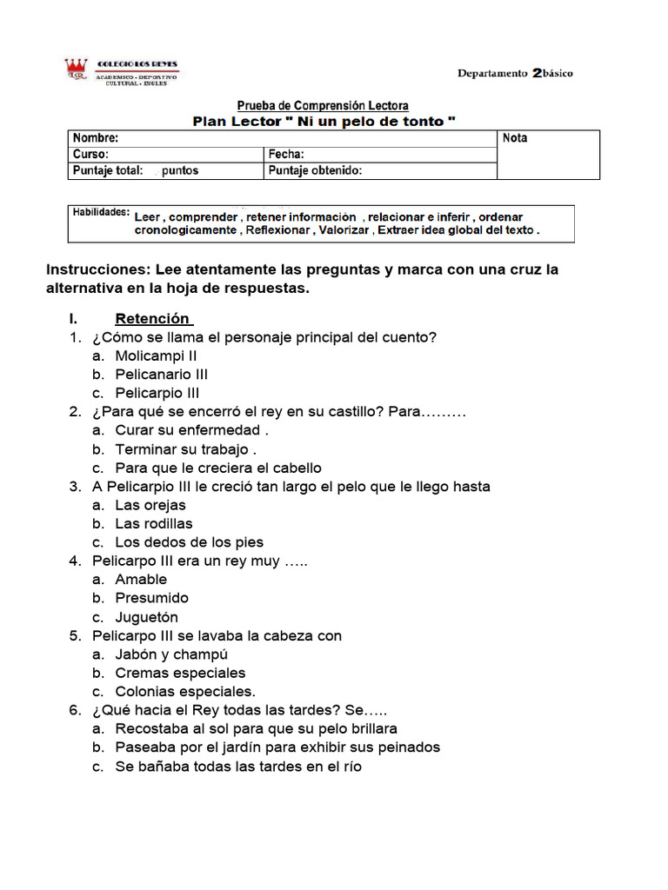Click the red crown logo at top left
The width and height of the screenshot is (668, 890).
click(76, 70)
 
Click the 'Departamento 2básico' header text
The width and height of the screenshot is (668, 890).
click(515, 74)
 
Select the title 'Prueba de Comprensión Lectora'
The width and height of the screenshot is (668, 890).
click(324, 106)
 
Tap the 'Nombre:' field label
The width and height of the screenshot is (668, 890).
click(96, 138)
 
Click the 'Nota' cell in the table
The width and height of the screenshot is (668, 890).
click(515, 138)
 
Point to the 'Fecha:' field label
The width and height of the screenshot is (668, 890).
click(286, 154)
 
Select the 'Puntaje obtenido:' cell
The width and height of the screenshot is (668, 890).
click(315, 170)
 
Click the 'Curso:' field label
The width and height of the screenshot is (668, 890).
click(90, 154)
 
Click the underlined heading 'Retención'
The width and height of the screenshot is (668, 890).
click(152, 318)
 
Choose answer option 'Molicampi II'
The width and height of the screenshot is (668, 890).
click(156, 355)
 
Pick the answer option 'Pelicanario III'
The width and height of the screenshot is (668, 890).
click(161, 375)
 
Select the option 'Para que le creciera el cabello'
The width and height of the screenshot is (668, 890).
click(217, 468)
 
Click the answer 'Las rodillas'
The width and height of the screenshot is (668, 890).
click(154, 523)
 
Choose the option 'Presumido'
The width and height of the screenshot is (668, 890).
click(151, 598)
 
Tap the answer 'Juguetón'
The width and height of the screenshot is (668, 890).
click(146, 617)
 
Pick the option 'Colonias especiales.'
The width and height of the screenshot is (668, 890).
click(185, 692)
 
